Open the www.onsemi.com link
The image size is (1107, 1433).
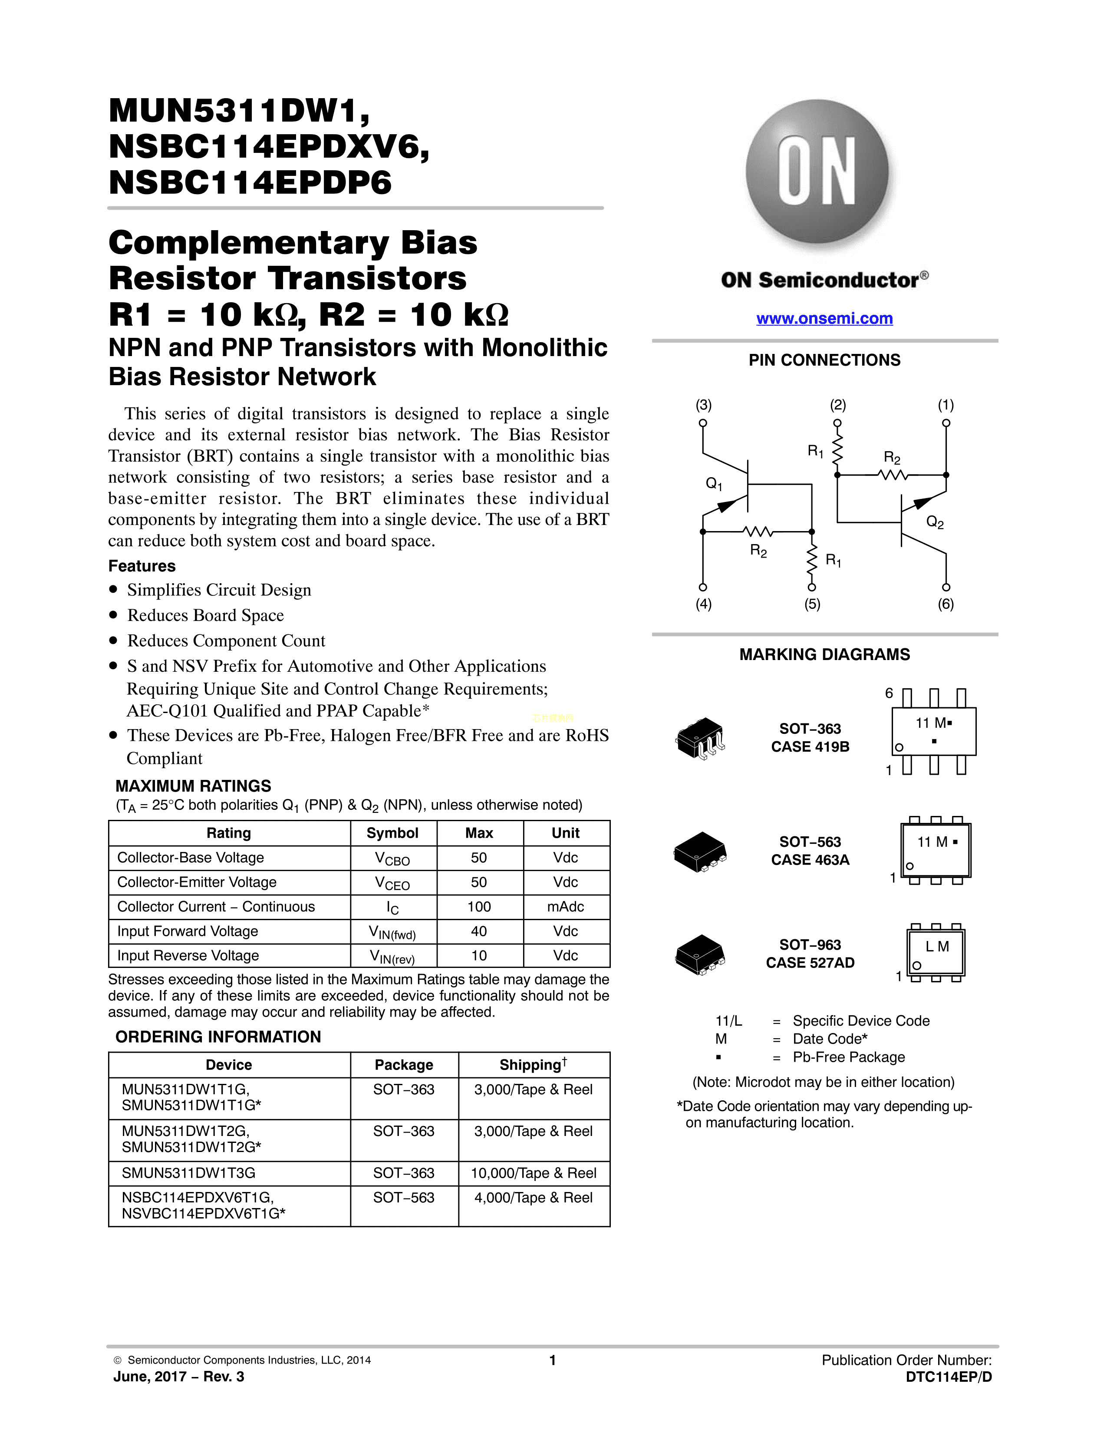tap(824, 318)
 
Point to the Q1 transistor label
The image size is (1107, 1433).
tap(714, 484)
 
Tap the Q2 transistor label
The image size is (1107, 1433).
tap(935, 522)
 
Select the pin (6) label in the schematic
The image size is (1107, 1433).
tap(946, 604)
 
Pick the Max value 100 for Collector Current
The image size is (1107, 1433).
tap(479, 907)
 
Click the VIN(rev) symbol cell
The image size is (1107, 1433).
tap(392, 957)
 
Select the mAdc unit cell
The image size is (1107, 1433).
tap(565, 907)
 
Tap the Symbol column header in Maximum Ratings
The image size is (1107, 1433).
tap(392, 833)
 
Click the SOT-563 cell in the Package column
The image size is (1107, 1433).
tap(404, 1198)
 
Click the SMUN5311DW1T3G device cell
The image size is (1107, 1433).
tap(189, 1173)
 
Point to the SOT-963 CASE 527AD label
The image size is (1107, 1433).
tap(810, 953)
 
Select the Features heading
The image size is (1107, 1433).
tap(142, 566)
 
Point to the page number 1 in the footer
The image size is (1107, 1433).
tap(553, 1360)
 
